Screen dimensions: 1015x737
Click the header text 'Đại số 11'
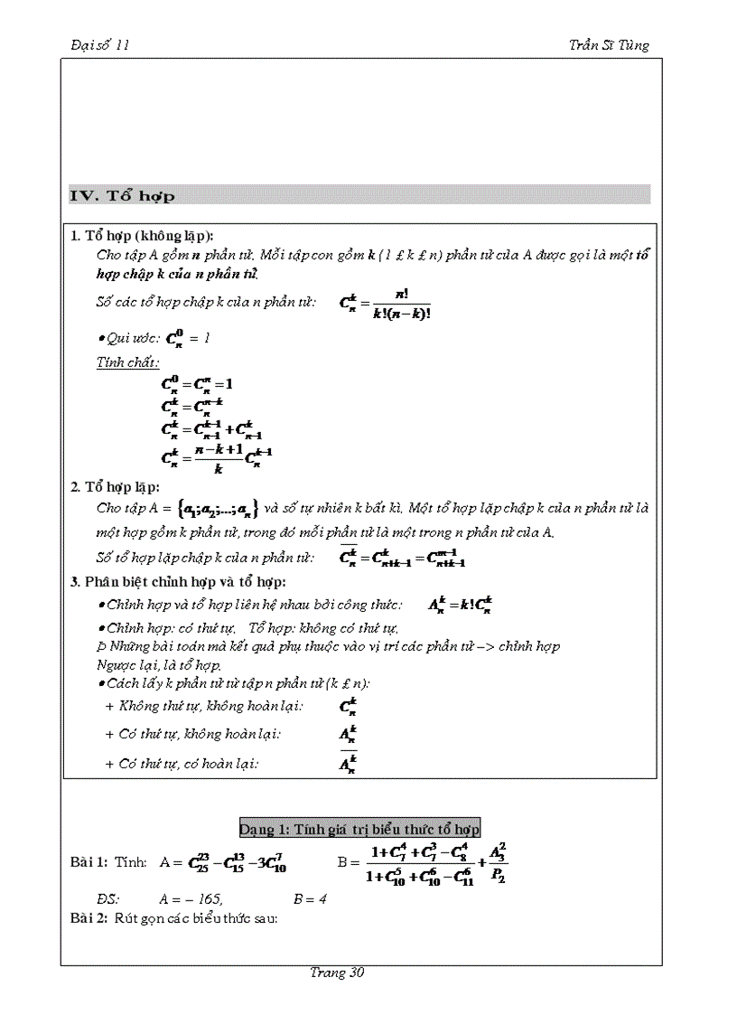100,45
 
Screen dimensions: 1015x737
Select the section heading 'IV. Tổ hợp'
123,195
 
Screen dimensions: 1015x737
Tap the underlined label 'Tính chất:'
127,362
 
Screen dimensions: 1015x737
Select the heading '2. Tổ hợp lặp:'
115,487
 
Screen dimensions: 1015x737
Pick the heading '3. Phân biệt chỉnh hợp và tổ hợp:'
178,581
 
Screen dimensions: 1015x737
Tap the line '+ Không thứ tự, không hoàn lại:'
204,706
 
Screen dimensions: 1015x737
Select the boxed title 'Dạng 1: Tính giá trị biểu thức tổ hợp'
359,828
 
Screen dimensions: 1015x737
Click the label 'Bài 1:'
89,862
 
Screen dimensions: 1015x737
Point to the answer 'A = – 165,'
191,899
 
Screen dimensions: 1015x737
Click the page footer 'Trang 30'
336,973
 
